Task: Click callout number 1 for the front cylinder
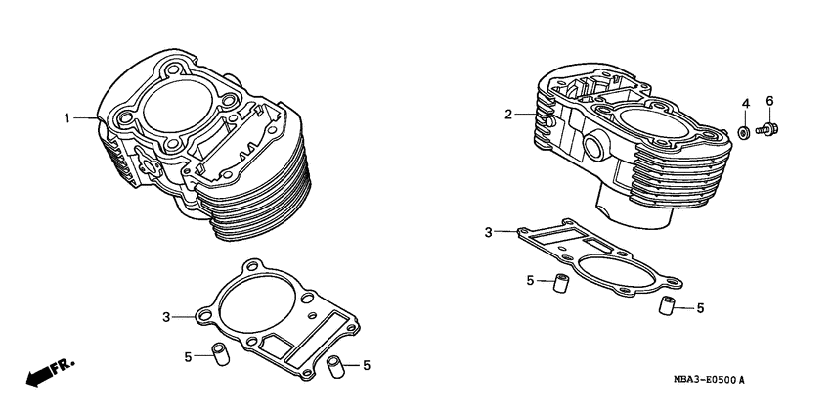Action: click(x=67, y=118)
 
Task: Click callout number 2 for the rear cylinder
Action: click(x=508, y=115)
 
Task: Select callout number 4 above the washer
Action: click(x=744, y=103)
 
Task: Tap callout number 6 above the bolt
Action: click(x=768, y=101)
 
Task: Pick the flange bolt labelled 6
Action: click(x=768, y=127)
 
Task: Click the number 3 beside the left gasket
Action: click(x=166, y=316)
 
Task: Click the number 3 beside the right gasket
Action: click(x=488, y=232)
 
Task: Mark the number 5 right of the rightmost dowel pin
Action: click(x=700, y=308)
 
